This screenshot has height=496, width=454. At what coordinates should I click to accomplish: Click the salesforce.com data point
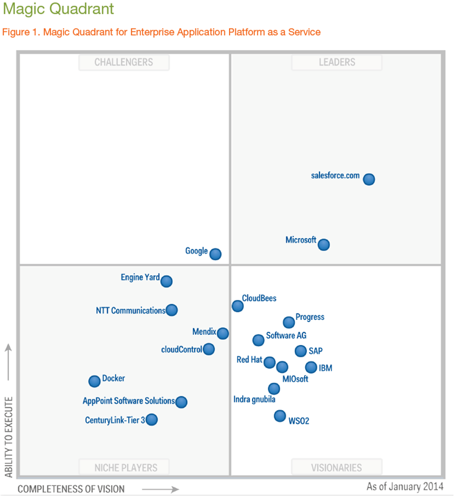[x=369, y=179]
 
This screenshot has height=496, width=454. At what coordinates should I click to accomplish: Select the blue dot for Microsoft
[x=323, y=244]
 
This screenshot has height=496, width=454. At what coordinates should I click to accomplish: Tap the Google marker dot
[x=215, y=254]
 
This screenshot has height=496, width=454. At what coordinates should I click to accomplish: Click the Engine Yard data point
[x=166, y=281]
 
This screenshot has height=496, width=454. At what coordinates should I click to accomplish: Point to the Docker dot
[x=94, y=381]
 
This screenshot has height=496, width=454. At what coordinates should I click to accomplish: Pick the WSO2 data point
[x=279, y=416]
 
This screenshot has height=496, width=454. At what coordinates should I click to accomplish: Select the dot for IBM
[x=311, y=367]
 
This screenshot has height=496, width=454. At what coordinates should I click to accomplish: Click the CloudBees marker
[x=238, y=306]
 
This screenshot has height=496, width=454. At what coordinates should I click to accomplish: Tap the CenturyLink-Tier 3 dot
[x=151, y=420]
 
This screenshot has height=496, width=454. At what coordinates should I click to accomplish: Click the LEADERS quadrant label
[x=337, y=62]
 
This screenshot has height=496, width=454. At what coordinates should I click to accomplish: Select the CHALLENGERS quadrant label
[x=124, y=62]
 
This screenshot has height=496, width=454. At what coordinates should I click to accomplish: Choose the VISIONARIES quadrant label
[x=337, y=467]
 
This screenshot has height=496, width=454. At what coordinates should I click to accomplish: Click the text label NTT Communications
[x=131, y=311]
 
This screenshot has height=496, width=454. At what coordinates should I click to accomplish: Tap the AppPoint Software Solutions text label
[x=129, y=401]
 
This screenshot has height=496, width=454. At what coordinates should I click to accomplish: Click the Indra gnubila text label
[x=254, y=399]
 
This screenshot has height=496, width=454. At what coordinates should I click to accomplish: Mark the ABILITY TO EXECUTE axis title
[x=9, y=437]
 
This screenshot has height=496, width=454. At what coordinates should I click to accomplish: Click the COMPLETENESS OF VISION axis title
[x=71, y=489]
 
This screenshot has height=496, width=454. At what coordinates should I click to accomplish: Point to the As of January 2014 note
[x=405, y=486]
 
